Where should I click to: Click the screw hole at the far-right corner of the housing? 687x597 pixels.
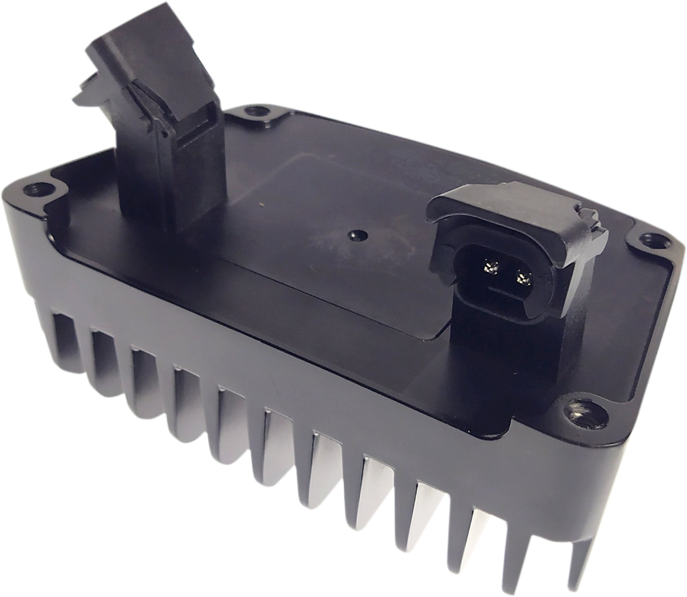click(x=654, y=240)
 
